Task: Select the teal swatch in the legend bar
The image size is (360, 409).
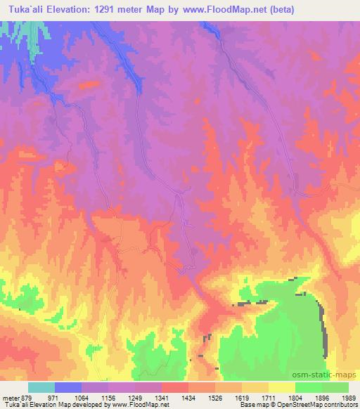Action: tap(41, 387)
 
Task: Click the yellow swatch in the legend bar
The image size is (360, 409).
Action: tap(281, 387)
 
